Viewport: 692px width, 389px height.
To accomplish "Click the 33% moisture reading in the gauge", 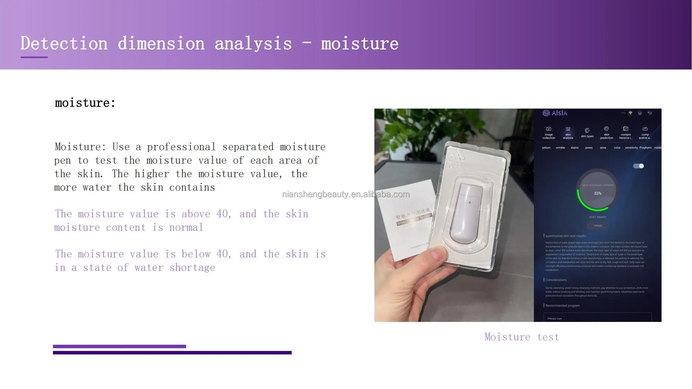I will [x=598, y=193].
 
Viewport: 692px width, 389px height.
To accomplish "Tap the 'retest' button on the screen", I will [x=598, y=225].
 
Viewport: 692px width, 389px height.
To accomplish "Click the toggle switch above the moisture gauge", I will [x=638, y=166].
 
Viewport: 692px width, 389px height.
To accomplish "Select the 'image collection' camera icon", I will [x=548, y=129].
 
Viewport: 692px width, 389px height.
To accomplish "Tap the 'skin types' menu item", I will [x=587, y=133].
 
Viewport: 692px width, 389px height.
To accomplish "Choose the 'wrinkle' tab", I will [x=560, y=148].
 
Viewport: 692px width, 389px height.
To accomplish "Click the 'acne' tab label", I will [x=603, y=148].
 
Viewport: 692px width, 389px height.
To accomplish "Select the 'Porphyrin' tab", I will [x=645, y=148].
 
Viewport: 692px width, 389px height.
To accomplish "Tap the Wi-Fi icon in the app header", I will [x=630, y=113].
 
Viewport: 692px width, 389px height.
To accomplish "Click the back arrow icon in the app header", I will [x=649, y=113].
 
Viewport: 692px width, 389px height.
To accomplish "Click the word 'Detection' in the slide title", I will [x=64, y=44].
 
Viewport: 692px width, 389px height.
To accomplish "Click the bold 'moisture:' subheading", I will [x=85, y=103].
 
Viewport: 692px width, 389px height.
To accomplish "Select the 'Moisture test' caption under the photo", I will [x=521, y=337].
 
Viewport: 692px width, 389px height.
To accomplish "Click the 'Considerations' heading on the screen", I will [x=556, y=280].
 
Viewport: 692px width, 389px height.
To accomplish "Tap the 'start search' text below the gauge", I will [x=598, y=217].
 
